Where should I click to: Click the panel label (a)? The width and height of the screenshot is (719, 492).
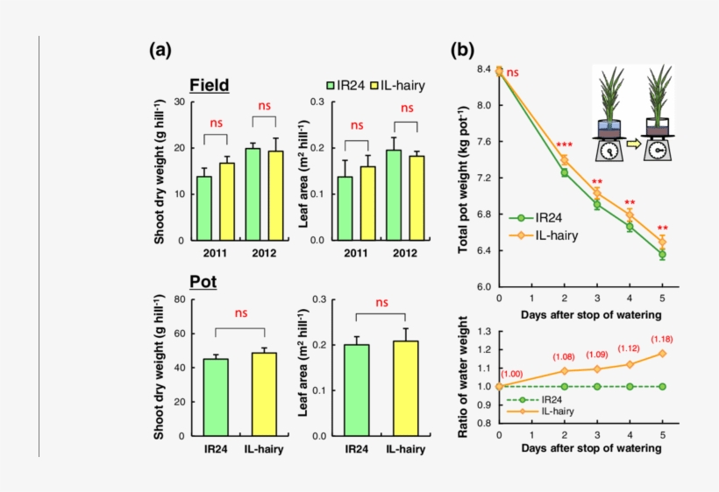(160, 51)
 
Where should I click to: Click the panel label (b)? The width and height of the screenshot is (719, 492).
(463, 51)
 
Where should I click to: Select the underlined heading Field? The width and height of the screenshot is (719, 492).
(210, 85)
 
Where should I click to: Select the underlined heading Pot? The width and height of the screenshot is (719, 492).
(203, 283)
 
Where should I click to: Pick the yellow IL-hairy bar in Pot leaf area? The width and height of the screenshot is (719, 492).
(405, 388)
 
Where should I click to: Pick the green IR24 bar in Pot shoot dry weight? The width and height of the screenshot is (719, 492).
(216, 397)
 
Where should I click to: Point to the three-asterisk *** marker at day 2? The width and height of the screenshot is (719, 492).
(564, 145)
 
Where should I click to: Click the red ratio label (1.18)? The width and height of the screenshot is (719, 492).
(663, 339)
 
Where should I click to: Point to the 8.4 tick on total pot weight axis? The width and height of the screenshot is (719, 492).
(483, 69)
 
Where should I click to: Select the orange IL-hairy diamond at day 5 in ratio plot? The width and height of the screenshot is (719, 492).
(662, 353)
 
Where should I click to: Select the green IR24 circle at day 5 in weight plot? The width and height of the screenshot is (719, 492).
(662, 255)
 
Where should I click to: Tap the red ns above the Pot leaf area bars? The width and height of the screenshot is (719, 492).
(381, 303)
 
